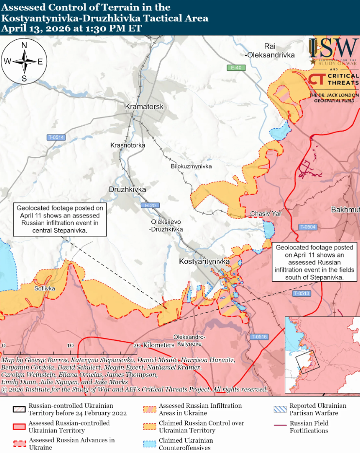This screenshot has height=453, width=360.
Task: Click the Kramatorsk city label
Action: [145, 106]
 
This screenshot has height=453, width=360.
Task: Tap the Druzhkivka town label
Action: [127, 189]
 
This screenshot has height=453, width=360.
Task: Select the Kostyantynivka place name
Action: [204, 262]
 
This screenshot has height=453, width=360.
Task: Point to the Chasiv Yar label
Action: [265, 214]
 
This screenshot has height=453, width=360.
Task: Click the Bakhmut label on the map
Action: [345, 210]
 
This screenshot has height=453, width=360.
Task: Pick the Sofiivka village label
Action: [45, 288]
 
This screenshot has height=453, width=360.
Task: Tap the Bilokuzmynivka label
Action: [191, 167]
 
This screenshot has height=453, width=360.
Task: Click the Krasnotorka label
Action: [128, 145]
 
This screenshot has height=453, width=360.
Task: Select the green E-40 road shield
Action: [236, 67]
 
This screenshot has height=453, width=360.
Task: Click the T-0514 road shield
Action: [56, 137]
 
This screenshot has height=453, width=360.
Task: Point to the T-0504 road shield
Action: [308, 227]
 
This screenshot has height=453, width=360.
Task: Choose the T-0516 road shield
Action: [259, 336]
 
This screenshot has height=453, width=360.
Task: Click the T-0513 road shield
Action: [301, 294]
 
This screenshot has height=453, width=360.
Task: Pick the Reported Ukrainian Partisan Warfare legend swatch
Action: [280, 409]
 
